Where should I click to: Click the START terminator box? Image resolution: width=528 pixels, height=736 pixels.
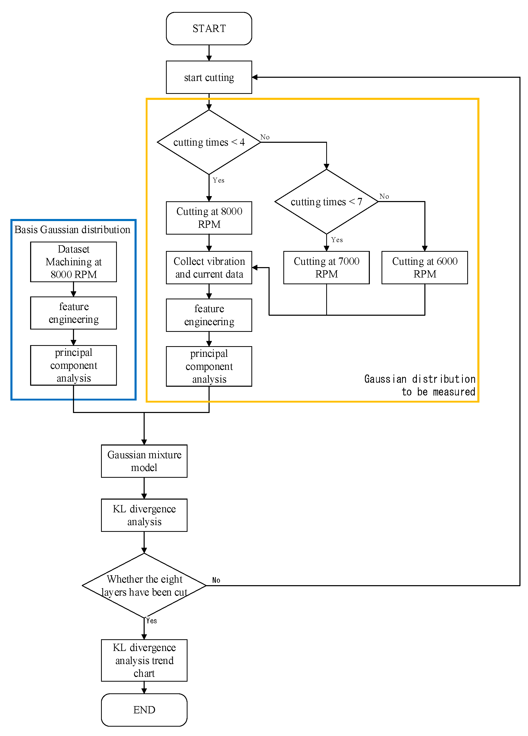(209, 29)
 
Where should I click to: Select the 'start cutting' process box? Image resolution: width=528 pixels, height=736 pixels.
(209, 77)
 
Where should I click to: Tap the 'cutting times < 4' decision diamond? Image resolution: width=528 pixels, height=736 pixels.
(209, 142)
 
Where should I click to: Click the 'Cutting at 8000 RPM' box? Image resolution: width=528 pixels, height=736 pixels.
(209, 218)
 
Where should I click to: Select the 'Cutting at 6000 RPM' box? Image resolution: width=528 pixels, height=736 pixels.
(424, 267)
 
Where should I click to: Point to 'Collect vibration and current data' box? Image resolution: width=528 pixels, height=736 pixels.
(209, 267)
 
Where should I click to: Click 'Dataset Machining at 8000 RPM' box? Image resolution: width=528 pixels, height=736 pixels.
(73, 262)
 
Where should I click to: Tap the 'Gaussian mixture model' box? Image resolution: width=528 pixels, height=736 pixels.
(144, 461)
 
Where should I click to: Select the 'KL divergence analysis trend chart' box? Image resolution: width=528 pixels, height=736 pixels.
(144, 660)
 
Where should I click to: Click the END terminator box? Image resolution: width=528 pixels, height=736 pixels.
(144, 710)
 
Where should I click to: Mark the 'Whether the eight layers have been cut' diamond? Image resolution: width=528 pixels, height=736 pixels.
(144, 585)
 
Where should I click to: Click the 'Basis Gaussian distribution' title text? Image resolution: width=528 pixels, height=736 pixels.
(72, 229)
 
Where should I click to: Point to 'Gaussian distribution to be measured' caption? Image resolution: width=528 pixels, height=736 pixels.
(420, 385)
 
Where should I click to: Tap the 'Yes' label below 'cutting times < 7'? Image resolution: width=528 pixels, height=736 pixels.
(337, 240)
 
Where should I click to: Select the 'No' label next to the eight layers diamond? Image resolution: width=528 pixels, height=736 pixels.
(216, 580)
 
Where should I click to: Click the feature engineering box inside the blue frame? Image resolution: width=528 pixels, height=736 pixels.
(73, 313)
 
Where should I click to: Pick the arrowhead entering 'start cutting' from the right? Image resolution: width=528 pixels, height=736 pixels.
(255, 77)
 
